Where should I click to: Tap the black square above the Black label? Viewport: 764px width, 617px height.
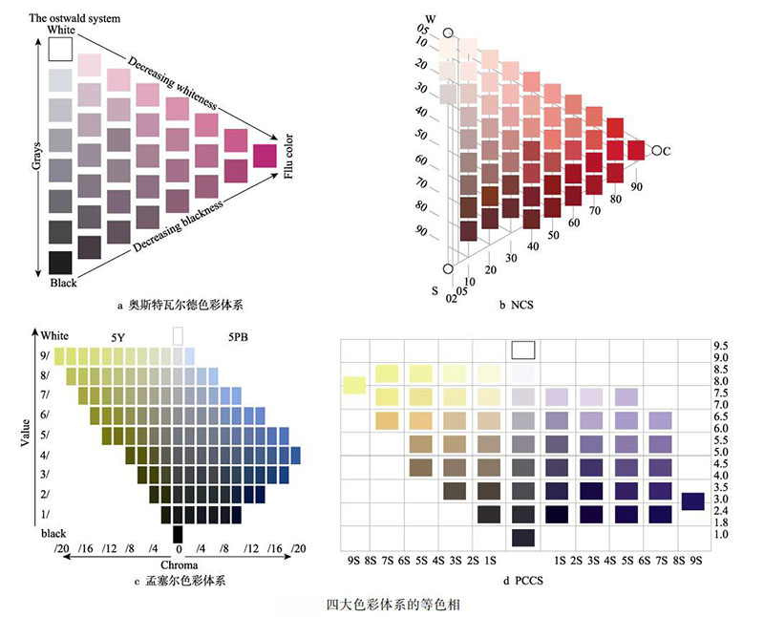[x=60, y=262]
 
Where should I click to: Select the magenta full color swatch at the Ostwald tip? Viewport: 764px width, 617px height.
[x=265, y=155]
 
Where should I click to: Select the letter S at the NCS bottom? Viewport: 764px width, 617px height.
[x=436, y=284]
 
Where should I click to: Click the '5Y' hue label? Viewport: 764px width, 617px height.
[x=118, y=337]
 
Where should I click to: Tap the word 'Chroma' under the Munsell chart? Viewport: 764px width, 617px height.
[x=177, y=564]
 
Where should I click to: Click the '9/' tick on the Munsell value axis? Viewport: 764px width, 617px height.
[x=45, y=355]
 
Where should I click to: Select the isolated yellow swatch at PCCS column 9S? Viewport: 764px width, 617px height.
[x=353, y=385]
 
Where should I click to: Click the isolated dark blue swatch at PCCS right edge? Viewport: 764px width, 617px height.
[x=693, y=501]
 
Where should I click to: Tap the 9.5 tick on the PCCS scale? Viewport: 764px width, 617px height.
[x=722, y=345]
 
